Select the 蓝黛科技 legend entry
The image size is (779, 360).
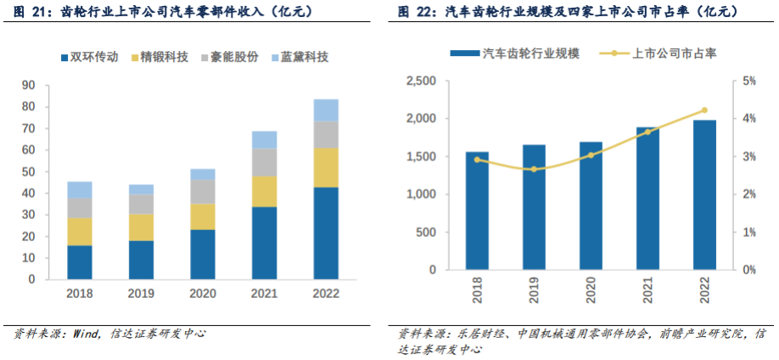click(x=298, y=58)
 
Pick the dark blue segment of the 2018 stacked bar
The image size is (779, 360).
click(x=80, y=262)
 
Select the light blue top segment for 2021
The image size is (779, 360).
click(x=264, y=140)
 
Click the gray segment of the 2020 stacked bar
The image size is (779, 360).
click(x=203, y=191)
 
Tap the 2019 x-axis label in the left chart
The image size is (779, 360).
click(x=141, y=294)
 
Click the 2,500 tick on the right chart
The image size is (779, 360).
click(x=421, y=82)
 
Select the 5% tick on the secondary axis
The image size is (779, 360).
click(x=749, y=82)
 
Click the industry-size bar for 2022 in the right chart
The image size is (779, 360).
click(x=704, y=195)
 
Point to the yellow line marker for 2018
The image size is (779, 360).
click(x=477, y=159)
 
